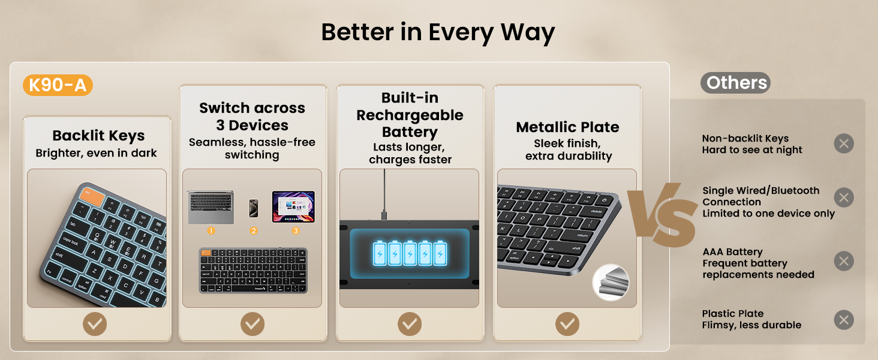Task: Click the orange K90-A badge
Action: [58, 85]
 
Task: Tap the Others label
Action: [735, 83]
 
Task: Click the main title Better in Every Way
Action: [438, 32]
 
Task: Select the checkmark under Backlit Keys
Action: [95, 324]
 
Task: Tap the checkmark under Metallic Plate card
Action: [567, 324]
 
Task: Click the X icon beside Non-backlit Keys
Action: [844, 144]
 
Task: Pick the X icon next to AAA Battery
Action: [844, 262]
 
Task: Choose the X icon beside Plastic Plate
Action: [844, 320]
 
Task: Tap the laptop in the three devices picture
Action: [211, 207]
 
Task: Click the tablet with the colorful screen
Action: [293, 206]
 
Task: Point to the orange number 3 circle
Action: [295, 230]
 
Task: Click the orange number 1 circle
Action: [211, 230]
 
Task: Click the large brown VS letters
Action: [662, 214]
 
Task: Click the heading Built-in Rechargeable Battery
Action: [410, 115]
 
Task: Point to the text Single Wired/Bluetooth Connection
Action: [760, 196]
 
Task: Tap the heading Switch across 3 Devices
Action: [252, 116]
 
